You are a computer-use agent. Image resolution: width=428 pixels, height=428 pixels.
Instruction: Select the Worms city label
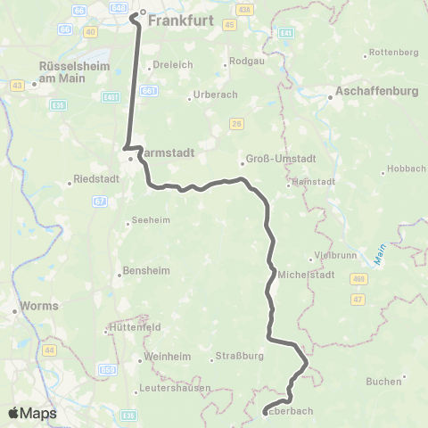click(x=40, y=305)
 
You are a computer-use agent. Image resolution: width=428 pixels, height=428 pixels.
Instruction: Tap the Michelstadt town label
click(x=306, y=274)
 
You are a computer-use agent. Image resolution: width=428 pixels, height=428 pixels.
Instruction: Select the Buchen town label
click(x=384, y=381)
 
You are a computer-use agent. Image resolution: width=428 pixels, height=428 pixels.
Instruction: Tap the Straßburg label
click(x=239, y=358)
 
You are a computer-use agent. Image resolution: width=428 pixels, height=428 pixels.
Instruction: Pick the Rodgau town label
click(x=243, y=63)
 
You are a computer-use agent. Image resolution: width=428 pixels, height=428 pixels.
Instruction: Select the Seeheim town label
click(x=149, y=222)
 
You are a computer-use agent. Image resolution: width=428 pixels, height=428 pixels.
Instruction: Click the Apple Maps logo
click(x=32, y=413)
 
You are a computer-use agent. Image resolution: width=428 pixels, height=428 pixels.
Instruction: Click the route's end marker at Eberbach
click(x=266, y=411)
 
